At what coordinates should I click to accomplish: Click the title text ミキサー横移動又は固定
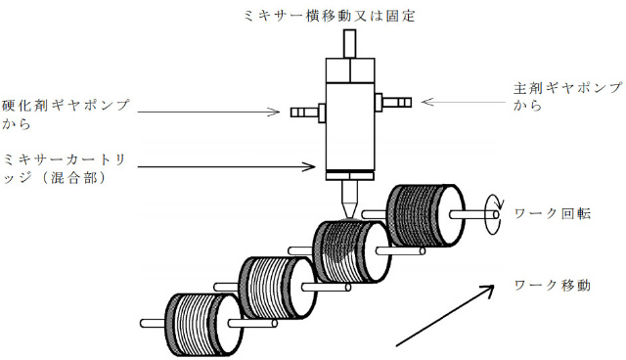click(x=329, y=16)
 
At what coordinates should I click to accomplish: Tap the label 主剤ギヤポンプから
click(x=567, y=96)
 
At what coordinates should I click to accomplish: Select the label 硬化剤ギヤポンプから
click(x=66, y=114)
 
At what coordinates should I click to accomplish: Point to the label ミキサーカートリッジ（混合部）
click(x=64, y=169)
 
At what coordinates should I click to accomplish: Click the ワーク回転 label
click(x=552, y=213)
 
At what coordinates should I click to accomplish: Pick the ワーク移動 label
click(x=552, y=285)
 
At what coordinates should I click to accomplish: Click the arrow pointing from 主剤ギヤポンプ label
click(x=463, y=102)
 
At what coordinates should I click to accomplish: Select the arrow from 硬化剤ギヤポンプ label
click(x=208, y=112)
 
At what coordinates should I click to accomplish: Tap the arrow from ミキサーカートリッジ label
click(x=226, y=166)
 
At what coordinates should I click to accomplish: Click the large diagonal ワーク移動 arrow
click(x=445, y=315)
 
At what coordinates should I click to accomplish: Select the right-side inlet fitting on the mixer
click(x=393, y=102)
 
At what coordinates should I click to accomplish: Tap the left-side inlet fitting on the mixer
click(x=308, y=112)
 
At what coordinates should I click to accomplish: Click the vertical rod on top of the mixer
click(x=349, y=44)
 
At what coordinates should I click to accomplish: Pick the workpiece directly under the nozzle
click(x=352, y=250)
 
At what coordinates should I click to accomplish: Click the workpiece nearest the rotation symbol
click(x=425, y=215)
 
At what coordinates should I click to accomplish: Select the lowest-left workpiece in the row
click(x=203, y=325)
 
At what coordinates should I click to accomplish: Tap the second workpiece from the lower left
click(x=278, y=288)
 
